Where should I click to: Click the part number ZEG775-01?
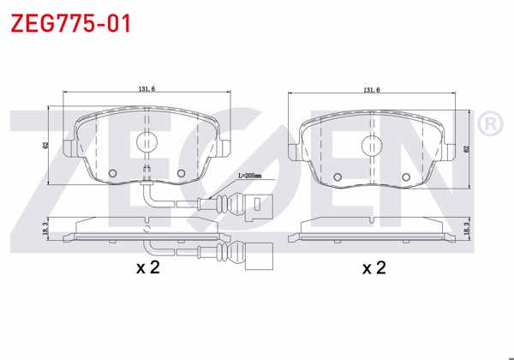pos(70,23)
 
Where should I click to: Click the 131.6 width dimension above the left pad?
pos(148,87)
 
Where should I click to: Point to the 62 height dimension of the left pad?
pos(45,146)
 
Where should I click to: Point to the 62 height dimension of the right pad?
pos(467,147)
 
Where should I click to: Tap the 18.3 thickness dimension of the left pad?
pos(45,226)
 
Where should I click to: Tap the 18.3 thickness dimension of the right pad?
pos(468,226)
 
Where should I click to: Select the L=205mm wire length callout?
pos(249,176)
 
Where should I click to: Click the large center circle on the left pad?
pos(147,145)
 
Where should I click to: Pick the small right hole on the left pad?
pos(181,173)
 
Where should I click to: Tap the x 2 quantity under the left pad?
pos(148,267)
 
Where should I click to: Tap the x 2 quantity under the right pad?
pos(373,268)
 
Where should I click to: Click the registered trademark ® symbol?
pos(489,125)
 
